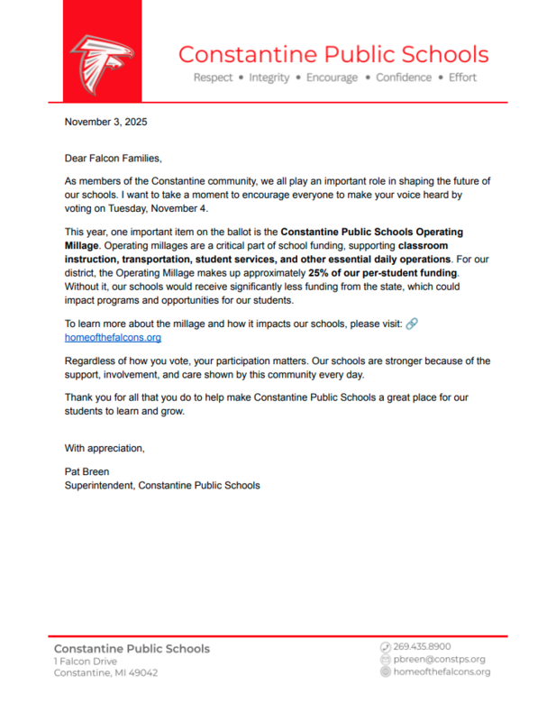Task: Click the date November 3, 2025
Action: [x=105, y=121]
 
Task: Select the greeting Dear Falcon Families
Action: [x=113, y=159]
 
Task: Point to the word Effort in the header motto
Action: [x=462, y=78]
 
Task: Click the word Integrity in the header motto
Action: [x=269, y=78]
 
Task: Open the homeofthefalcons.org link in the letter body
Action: [x=113, y=337]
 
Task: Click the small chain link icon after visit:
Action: [x=412, y=324]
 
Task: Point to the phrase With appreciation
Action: [x=104, y=448]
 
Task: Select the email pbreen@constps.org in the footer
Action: [x=439, y=659]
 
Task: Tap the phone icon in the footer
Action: [x=385, y=646]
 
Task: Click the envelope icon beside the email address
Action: [x=385, y=659]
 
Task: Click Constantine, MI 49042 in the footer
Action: [x=105, y=673]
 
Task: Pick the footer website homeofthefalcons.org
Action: [x=442, y=671]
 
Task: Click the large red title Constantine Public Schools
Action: [x=333, y=53]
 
